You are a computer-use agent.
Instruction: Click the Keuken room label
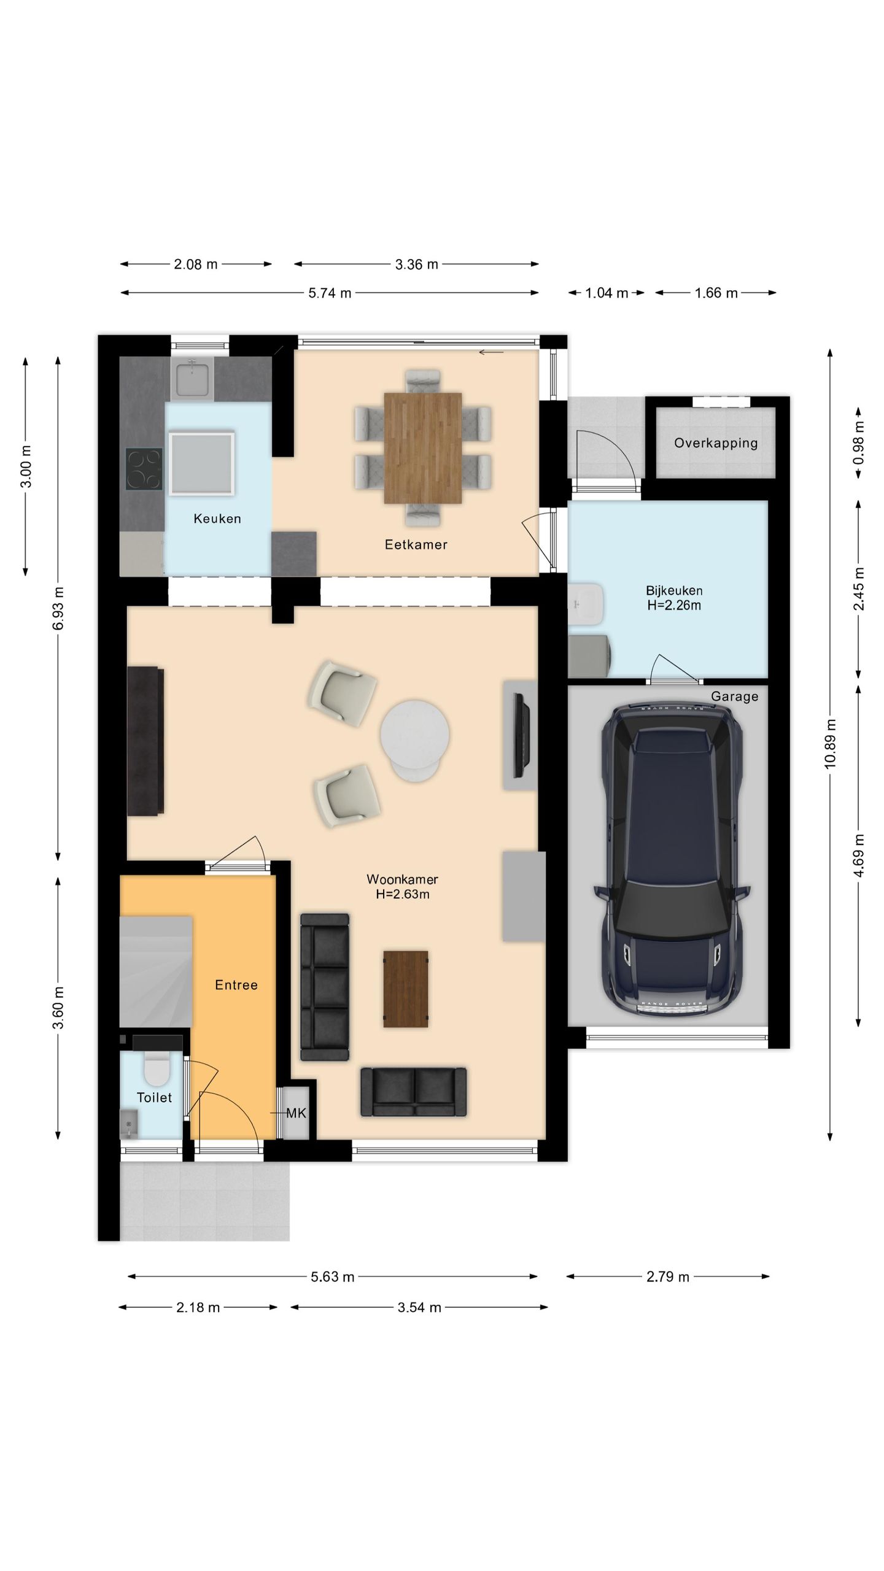tap(217, 519)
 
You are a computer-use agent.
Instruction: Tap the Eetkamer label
tap(416, 544)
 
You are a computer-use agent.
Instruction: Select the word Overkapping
tap(716, 443)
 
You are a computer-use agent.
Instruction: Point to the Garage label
tap(735, 697)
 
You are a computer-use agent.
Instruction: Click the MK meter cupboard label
tap(297, 1113)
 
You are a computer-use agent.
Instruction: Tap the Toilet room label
tap(154, 1097)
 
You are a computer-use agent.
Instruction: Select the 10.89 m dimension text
tap(830, 743)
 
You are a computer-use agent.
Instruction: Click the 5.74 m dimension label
tap(330, 293)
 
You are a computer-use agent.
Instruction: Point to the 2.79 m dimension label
tap(668, 1277)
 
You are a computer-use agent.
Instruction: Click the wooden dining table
tap(423, 448)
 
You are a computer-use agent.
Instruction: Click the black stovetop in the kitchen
tap(144, 469)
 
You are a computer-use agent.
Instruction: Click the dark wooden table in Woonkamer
tap(406, 989)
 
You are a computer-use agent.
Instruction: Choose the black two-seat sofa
tap(413, 1092)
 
